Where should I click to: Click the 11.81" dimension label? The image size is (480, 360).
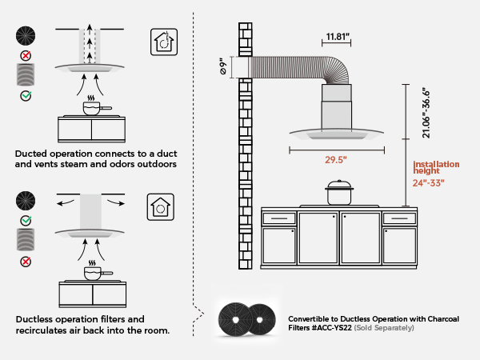tap(339, 36)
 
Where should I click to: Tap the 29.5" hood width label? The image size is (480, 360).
tap(335, 159)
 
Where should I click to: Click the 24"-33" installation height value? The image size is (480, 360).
tap(428, 182)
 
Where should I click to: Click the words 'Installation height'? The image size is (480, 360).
tap(436, 167)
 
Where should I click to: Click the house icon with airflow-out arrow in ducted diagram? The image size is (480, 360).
tap(164, 42)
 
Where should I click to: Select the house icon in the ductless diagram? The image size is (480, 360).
tap(162, 207)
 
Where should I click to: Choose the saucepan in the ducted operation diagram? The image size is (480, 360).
tap(94, 107)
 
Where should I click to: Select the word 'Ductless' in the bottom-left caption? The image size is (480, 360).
tap(35, 318)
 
